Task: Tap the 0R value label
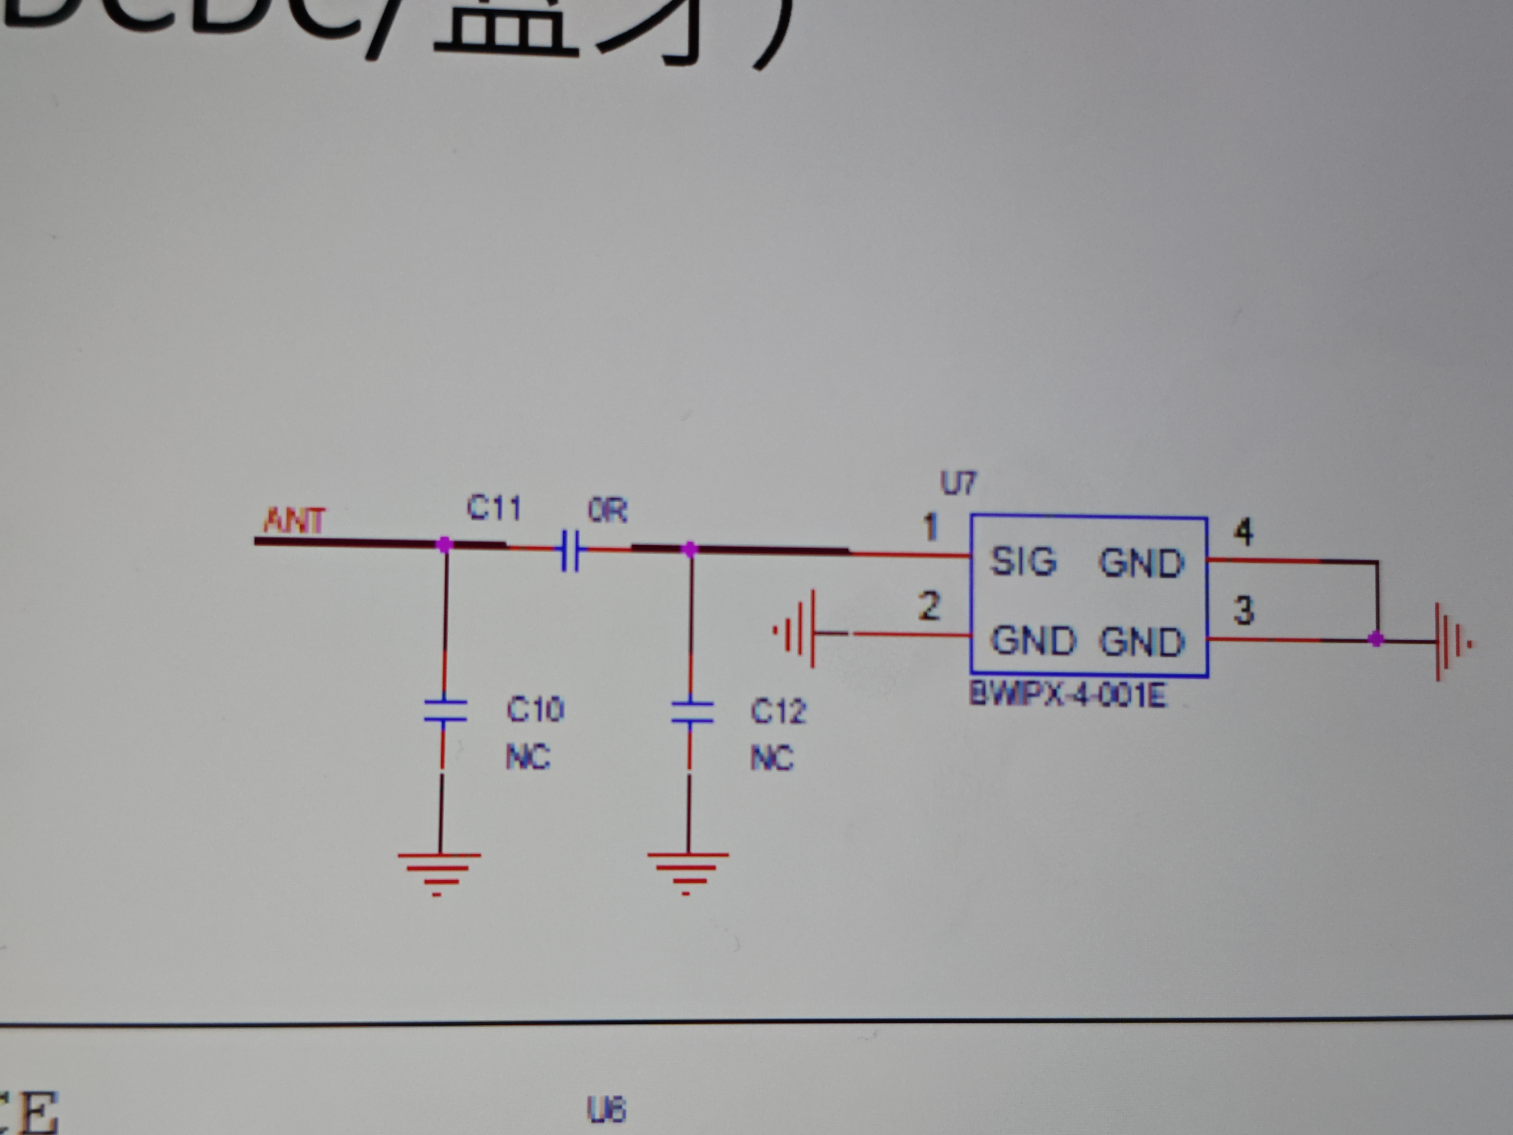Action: [607, 510]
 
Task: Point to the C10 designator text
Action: [535, 709]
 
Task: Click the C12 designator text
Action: [778, 712]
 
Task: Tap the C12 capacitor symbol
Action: [691, 712]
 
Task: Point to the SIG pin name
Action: [1023, 562]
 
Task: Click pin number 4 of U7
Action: [1243, 532]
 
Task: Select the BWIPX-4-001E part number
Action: [1068, 696]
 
